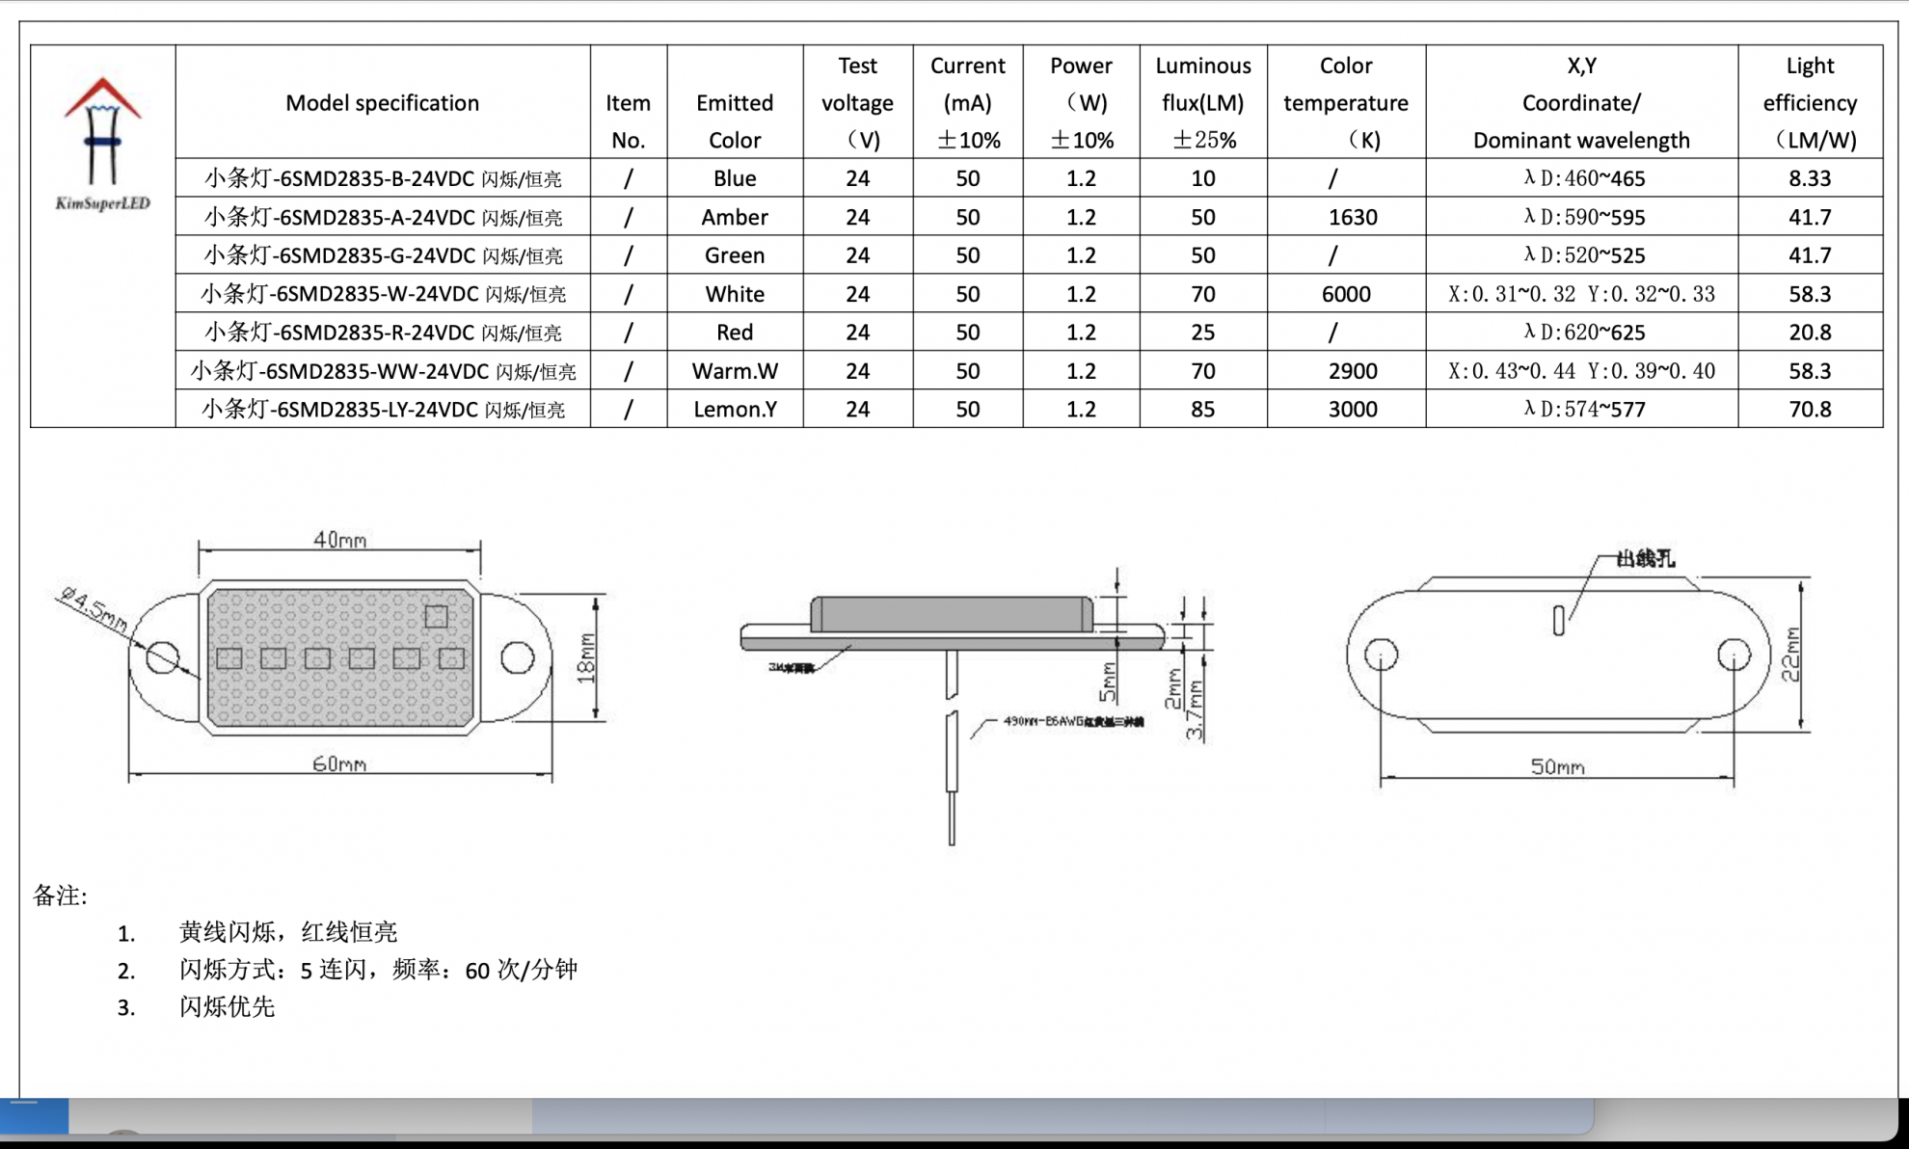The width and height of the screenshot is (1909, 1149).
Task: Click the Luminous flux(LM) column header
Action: [x=1202, y=102]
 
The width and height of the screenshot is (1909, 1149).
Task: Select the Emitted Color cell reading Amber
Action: [x=734, y=217]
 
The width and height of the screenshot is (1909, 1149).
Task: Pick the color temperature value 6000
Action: [x=1345, y=294]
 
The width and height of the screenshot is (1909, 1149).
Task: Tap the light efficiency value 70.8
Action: [x=1809, y=410]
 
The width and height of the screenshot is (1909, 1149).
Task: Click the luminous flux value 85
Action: [x=1202, y=410]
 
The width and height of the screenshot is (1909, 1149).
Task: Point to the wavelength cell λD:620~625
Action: [x=1583, y=333]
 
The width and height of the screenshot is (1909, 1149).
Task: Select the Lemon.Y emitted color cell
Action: [x=734, y=410]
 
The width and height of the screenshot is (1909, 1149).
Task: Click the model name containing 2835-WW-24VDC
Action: [x=383, y=371]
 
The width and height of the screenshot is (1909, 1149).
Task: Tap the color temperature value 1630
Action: [x=1352, y=217]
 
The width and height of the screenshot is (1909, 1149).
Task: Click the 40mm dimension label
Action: [x=339, y=540]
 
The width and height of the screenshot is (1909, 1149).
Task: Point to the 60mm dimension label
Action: [x=339, y=764]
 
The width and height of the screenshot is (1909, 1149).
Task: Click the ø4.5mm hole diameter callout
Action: [x=93, y=609]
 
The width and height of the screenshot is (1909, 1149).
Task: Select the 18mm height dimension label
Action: [x=586, y=658]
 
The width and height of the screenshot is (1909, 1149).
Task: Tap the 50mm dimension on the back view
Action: [x=1557, y=767]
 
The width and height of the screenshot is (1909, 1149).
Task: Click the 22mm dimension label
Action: [x=1790, y=655]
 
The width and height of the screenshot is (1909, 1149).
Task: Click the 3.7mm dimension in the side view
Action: [x=1196, y=710]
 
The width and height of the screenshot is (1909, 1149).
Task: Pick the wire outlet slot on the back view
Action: [x=1558, y=621]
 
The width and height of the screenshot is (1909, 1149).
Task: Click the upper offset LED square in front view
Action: [x=436, y=617]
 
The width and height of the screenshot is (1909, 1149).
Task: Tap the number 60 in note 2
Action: [x=477, y=971]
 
